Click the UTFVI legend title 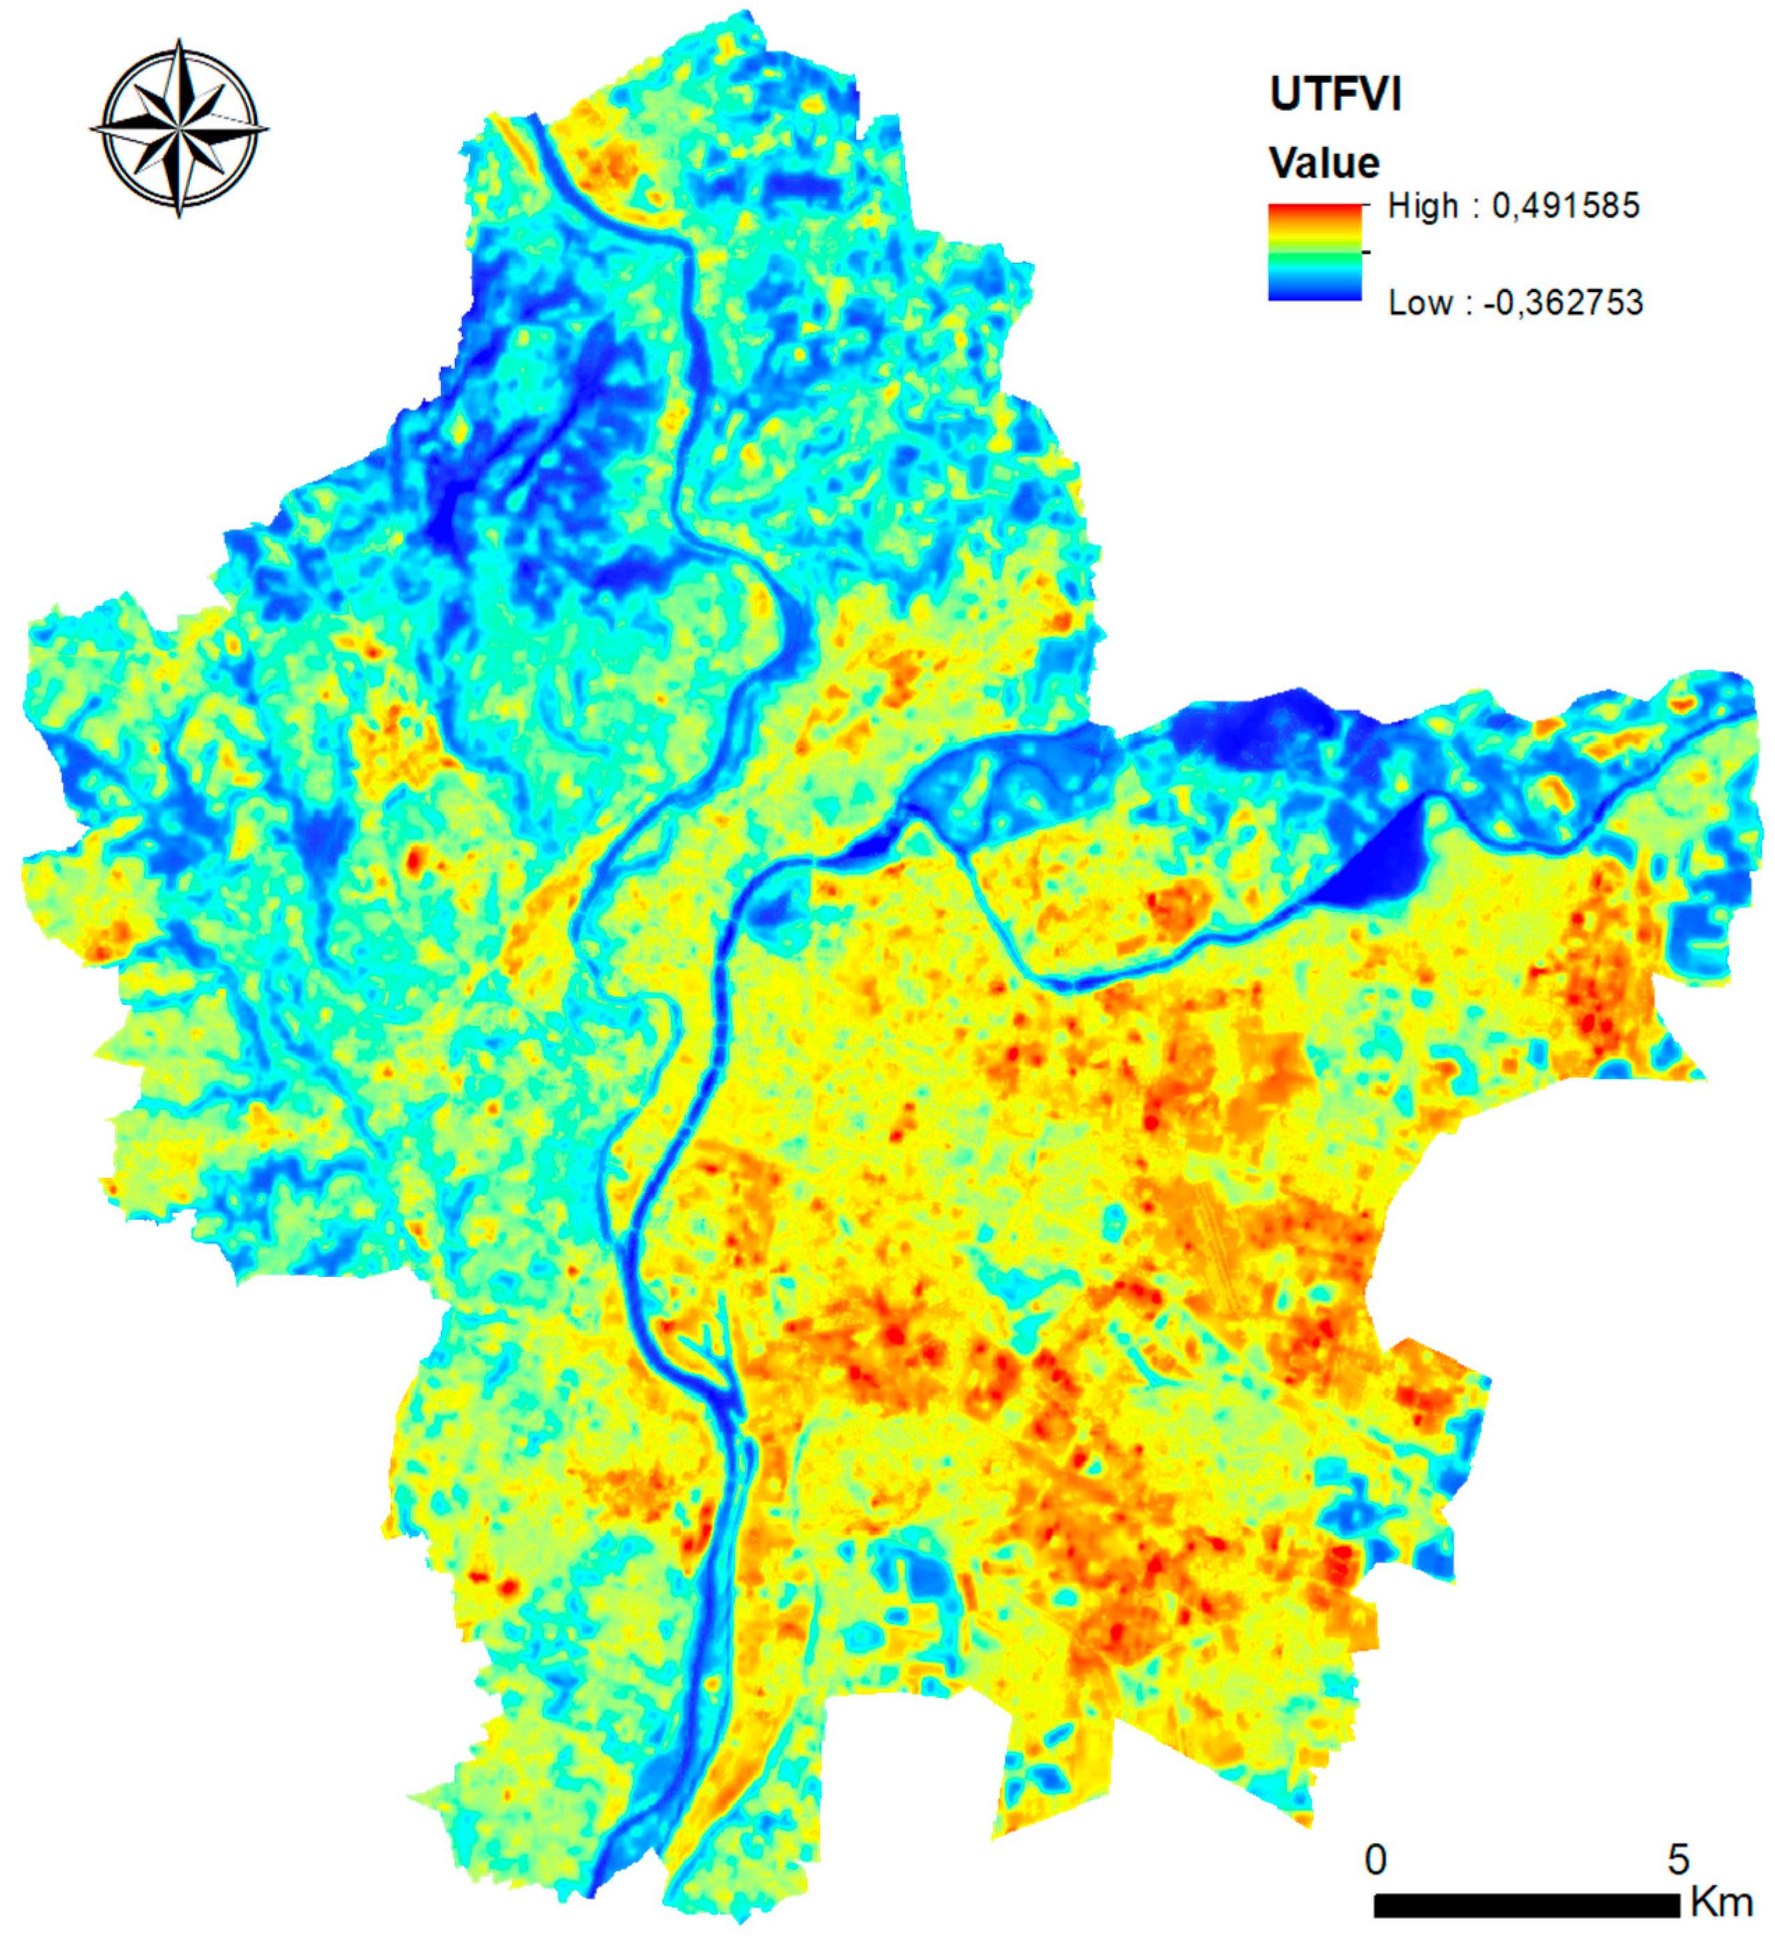1335,94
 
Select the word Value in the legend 1324,164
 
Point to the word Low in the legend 1419,303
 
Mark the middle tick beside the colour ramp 1366,252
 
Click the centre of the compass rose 180,128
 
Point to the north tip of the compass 180,43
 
